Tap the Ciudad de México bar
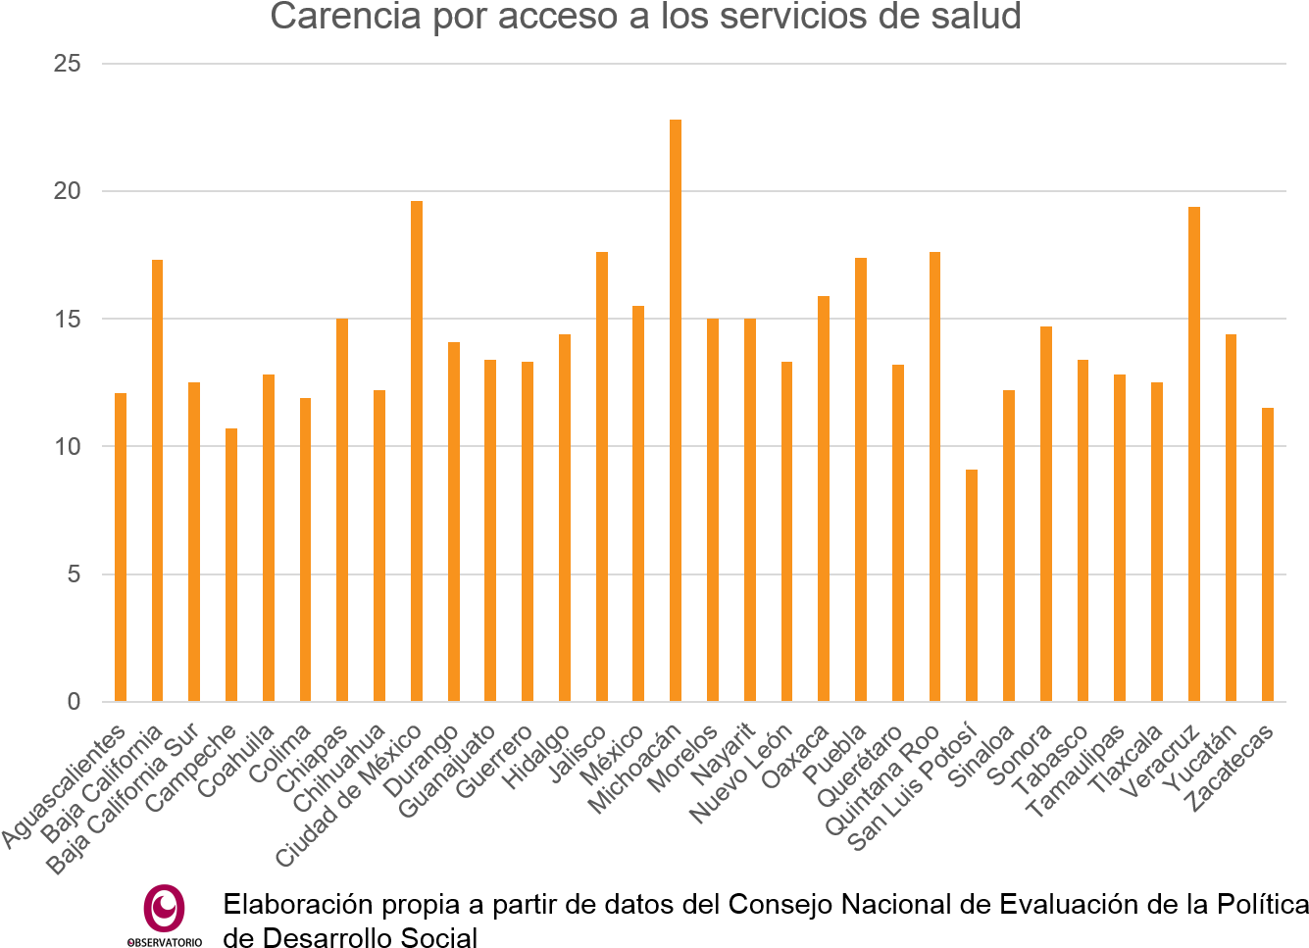[x=417, y=451]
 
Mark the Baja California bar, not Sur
[x=158, y=480]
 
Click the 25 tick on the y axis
[x=68, y=64]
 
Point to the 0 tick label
[x=74, y=702]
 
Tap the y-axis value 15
[x=68, y=319]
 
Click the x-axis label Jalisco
[x=578, y=755]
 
